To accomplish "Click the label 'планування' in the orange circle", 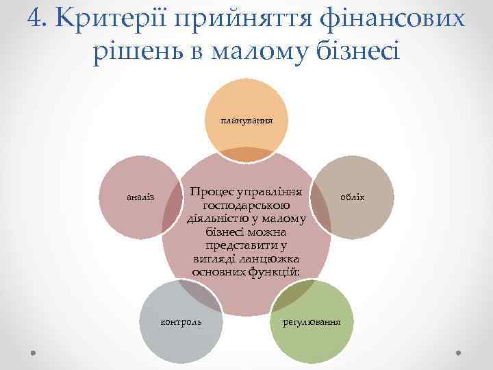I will pos(246,120).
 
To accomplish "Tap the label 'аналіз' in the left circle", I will pos(141,198).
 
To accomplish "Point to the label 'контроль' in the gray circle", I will pos(181,321).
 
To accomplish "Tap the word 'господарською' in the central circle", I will pos(246,206).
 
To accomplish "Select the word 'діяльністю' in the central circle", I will pos(217,219).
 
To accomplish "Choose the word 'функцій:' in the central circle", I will pos(273,271).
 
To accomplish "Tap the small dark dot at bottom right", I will pos(459,353).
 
